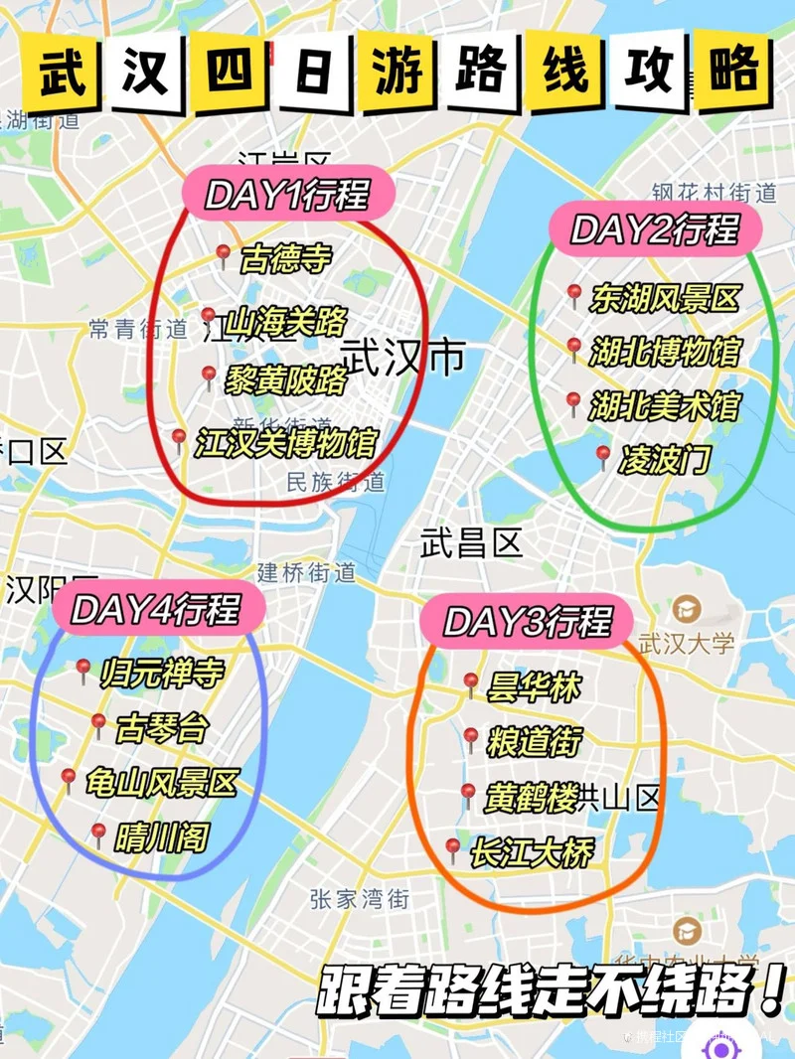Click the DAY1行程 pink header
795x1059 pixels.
coord(287,194)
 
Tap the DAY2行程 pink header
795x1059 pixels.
coord(655,229)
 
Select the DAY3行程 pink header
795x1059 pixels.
coord(527,622)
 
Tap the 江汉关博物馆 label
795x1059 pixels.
coord(285,442)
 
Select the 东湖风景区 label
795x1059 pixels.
coord(665,298)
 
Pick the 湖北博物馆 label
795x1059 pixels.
coord(665,352)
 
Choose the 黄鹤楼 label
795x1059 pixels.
coord(532,798)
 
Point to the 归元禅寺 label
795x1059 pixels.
coord(162,674)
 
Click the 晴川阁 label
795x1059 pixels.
coord(161,837)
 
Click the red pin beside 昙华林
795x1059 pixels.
coord(471,682)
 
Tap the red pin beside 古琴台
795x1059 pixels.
coord(98,724)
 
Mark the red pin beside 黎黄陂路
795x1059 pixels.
coord(209,377)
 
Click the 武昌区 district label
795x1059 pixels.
coord(470,542)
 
